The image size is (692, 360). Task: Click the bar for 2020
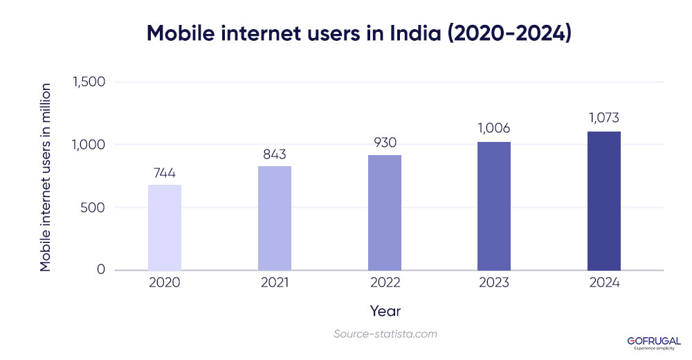click(x=165, y=227)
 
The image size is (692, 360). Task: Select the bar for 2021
click(x=275, y=218)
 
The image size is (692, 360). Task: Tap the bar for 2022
click(x=384, y=213)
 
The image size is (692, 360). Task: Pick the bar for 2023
click(x=494, y=206)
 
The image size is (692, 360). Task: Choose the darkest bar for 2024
click(x=604, y=201)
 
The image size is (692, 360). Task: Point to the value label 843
click(x=275, y=154)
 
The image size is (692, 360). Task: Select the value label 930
click(x=384, y=143)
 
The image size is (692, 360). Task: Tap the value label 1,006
click(x=494, y=129)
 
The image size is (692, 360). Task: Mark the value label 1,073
click(x=604, y=118)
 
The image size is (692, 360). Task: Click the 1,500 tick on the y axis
click(x=88, y=82)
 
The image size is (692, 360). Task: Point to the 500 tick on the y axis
click(x=93, y=207)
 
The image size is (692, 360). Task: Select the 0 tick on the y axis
click(x=100, y=269)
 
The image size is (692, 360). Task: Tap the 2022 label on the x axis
click(x=384, y=283)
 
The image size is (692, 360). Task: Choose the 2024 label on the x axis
click(x=604, y=283)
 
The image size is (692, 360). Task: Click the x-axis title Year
click(x=385, y=311)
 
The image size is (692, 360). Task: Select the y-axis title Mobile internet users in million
click(x=46, y=177)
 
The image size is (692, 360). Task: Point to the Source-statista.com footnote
click(x=385, y=334)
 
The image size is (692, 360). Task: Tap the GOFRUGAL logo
click(x=653, y=342)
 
